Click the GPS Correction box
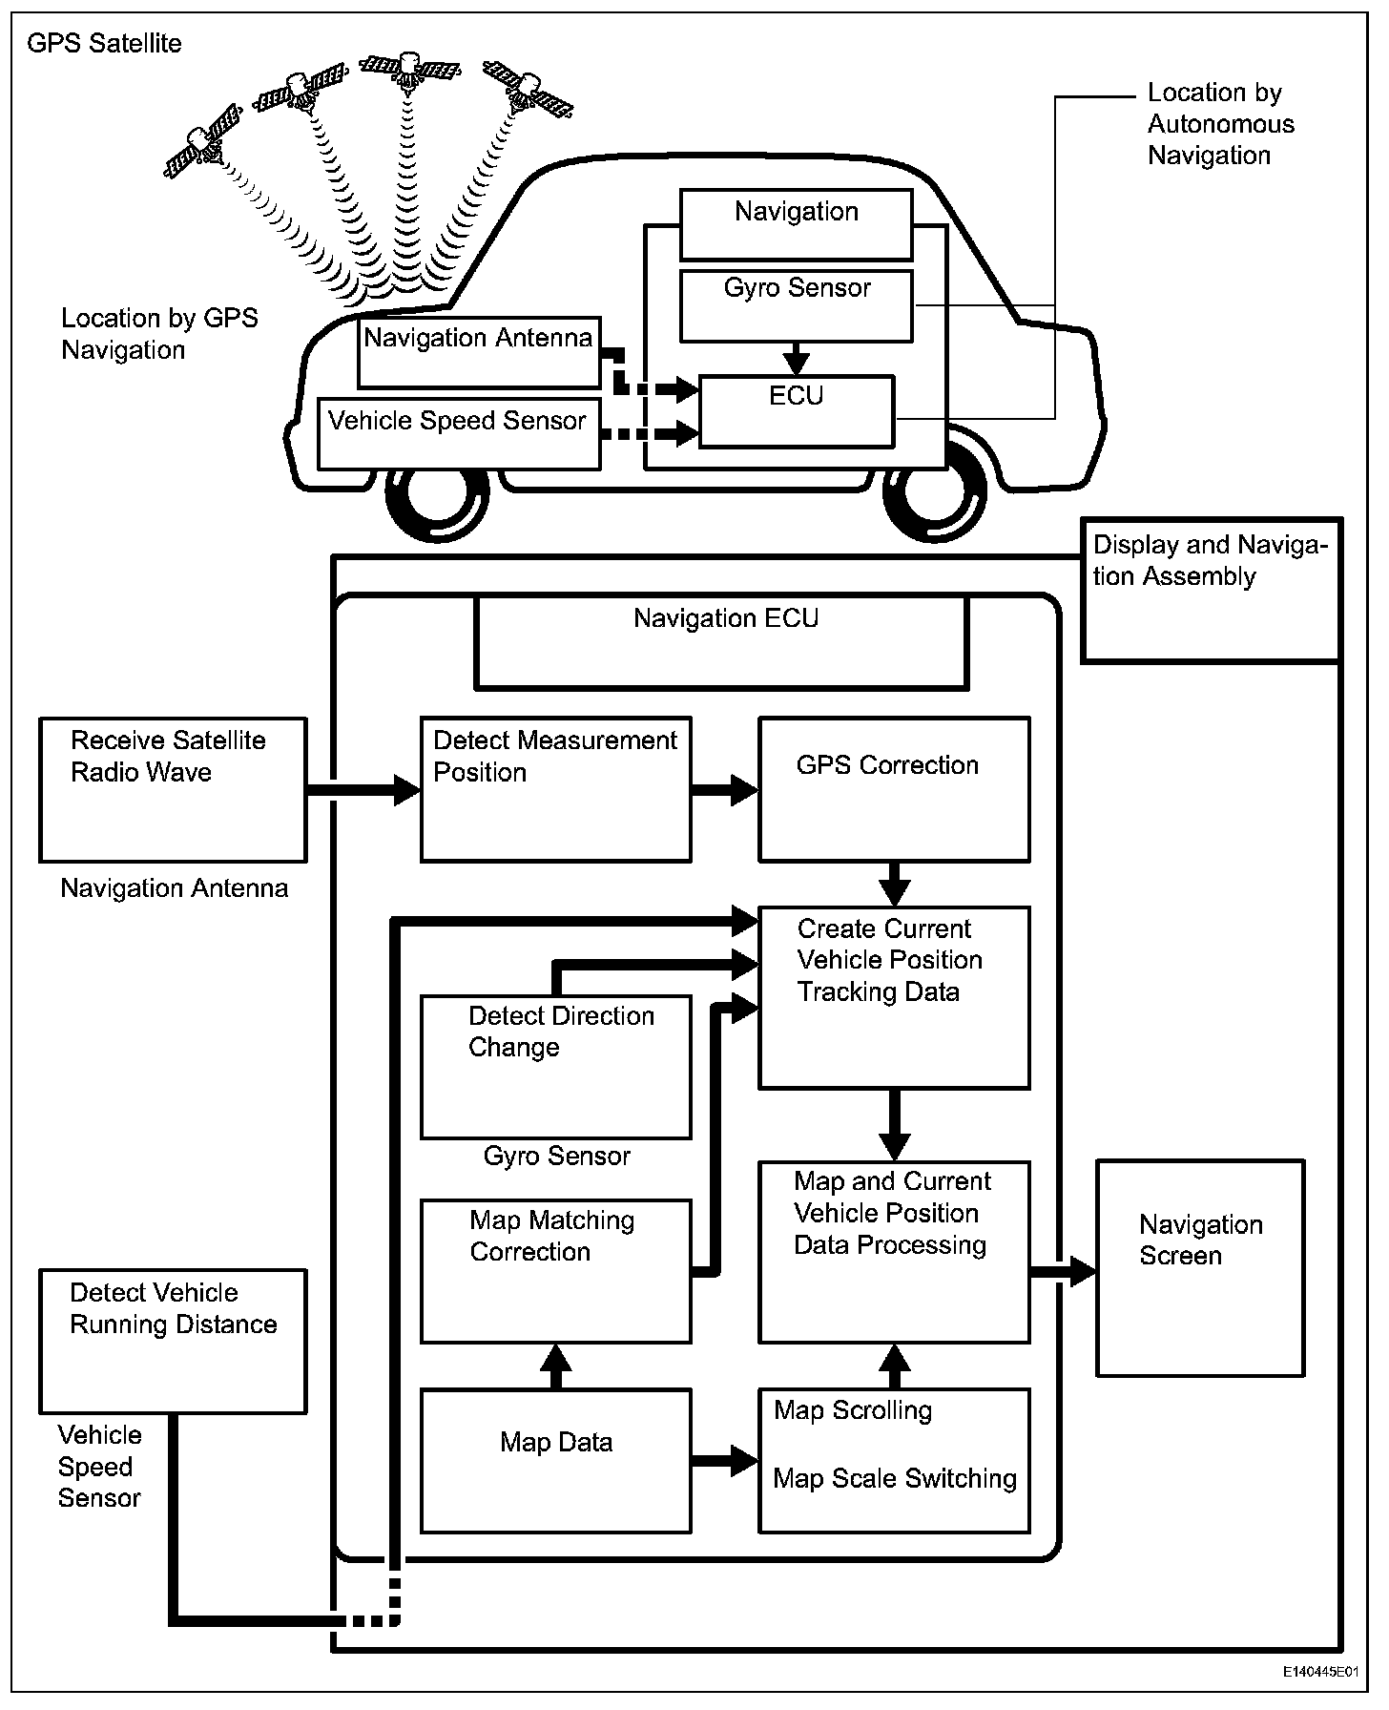click(894, 789)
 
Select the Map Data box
click(556, 1460)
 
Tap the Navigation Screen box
click(1200, 1267)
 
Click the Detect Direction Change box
click(556, 1067)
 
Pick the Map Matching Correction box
click(556, 1271)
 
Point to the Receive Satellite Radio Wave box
click(173, 789)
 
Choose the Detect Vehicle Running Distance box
click(173, 1341)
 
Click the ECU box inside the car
click(797, 411)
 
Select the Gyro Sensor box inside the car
click(797, 305)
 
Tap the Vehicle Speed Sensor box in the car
click(458, 434)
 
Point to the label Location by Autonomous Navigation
click(1220, 124)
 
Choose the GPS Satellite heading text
click(104, 44)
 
